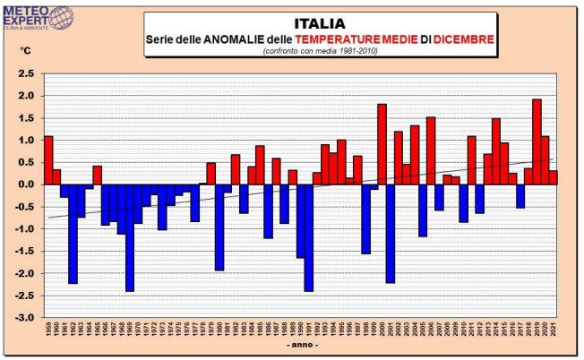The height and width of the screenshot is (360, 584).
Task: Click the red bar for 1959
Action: click(x=48, y=160)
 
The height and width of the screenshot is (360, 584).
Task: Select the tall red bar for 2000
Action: click(x=382, y=144)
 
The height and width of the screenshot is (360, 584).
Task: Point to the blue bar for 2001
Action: click(x=390, y=233)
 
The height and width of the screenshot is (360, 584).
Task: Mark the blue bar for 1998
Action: click(x=365, y=219)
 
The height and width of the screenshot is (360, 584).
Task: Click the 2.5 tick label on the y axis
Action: click(x=27, y=73)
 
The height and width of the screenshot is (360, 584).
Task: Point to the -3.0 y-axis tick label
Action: click(x=25, y=318)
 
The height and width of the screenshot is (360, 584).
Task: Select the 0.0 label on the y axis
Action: click(x=27, y=184)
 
